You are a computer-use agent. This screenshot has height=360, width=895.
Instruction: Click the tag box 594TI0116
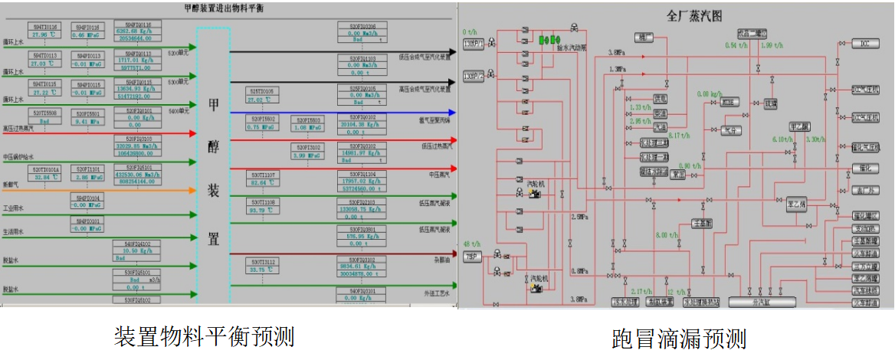click(44, 25)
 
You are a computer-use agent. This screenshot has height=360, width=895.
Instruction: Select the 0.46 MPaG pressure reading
click(85, 35)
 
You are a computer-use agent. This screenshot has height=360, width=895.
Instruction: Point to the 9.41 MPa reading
click(85, 120)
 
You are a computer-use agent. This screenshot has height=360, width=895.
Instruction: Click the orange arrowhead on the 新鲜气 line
click(192, 189)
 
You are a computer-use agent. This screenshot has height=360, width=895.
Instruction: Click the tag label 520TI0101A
click(44, 168)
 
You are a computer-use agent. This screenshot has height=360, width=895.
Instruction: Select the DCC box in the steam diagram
click(865, 43)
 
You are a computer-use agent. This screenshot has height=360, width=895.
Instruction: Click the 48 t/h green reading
click(473, 244)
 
